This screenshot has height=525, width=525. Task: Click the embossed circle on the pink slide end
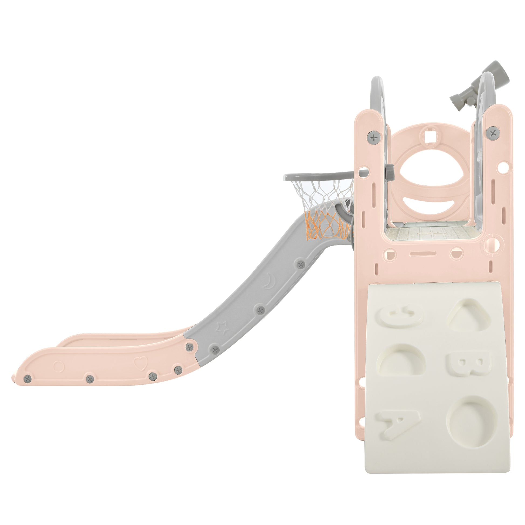point(59,366)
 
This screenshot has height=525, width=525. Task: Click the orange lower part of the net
point(326,226)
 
